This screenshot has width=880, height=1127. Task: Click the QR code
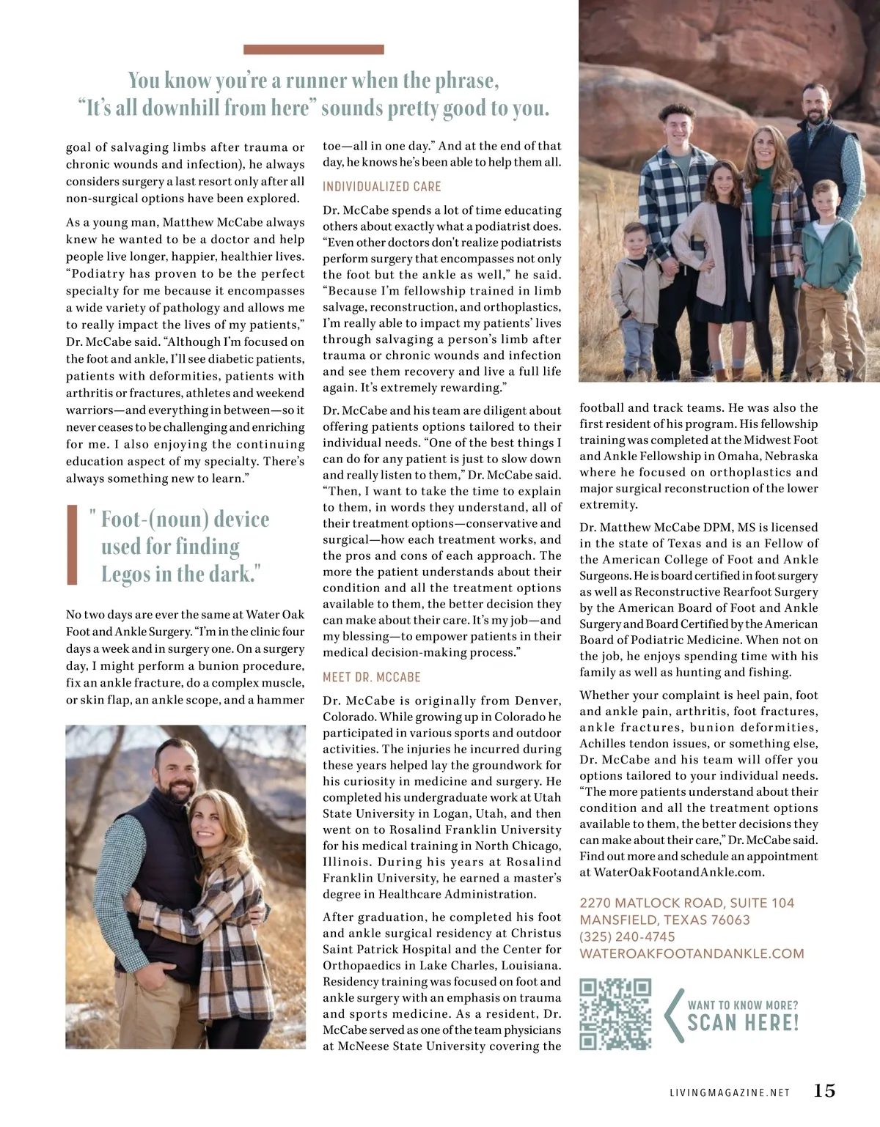click(x=615, y=1014)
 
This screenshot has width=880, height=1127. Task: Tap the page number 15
click(x=824, y=1090)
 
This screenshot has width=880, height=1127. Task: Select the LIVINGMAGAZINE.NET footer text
click(x=730, y=1093)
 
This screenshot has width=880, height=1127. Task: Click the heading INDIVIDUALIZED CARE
click(x=382, y=187)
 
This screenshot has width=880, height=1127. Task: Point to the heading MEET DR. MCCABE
click(x=372, y=677)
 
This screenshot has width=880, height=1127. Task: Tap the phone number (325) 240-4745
click(x=627, y=936)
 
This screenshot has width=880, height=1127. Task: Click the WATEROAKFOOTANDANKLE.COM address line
click(x=692, y=953)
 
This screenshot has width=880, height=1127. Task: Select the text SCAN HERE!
click(x=742, y=1023)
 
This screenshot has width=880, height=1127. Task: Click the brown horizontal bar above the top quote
click(x=313, y=50)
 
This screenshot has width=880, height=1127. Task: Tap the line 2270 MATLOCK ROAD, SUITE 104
click(x=686, y=903)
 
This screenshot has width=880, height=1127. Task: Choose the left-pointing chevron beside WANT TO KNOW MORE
click(x=670, y=1016)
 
